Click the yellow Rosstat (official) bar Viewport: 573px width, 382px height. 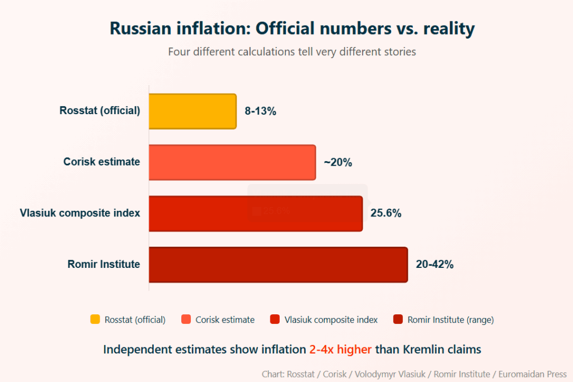[192, 111]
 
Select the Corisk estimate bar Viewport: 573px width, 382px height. [232, 162]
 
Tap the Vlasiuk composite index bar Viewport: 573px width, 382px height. [256, 214]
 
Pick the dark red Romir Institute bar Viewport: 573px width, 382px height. [278, 265]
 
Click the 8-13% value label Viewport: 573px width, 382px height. [261, 111]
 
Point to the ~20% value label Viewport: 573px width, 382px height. [338, 163]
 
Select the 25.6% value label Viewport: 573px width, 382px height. [386, 214]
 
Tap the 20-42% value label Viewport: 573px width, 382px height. [435, 265]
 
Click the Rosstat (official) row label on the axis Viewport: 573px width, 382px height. [100, 111]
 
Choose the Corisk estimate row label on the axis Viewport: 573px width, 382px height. [102, 162]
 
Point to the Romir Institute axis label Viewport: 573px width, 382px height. [104, 265]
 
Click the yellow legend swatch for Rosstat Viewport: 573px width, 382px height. [95, 319]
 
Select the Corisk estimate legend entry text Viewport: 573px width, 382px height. [225, 320]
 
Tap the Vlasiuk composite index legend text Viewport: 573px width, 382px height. [331, 320]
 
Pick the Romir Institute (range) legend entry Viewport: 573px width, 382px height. [450, 320]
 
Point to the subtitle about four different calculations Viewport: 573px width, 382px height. [292, 52]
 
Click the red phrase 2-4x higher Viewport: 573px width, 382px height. [340, 350]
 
